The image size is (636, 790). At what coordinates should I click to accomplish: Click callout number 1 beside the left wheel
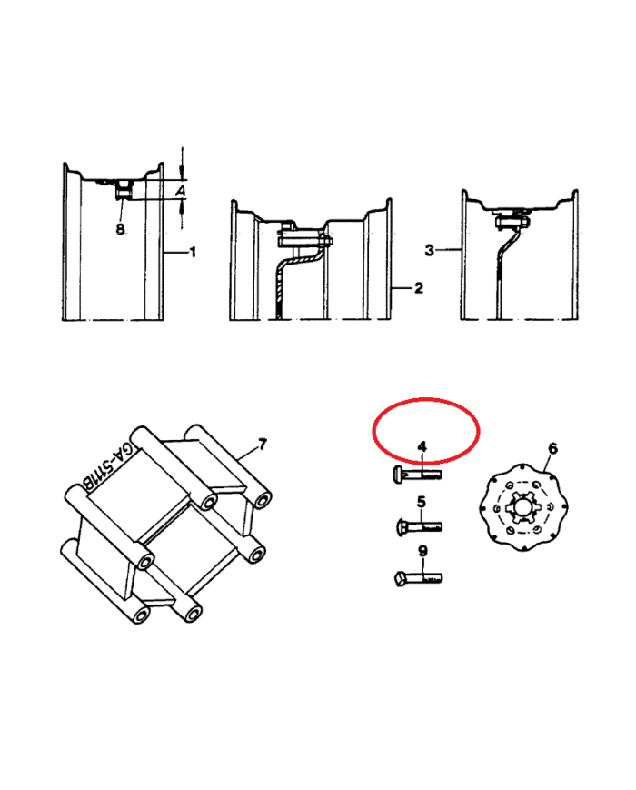click(x=192, y=252)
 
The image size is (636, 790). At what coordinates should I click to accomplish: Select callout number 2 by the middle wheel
click(x=419, y=288)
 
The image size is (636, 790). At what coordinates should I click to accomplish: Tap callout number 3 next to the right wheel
click(x=429, y=250)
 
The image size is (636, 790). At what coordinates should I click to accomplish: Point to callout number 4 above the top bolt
click(x=422, y=446)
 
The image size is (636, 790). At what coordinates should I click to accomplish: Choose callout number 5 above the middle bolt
click(x=422, y=502)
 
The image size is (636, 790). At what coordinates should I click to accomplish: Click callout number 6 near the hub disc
click(x=553, y=448)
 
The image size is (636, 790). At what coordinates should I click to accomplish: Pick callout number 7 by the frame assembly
click(x=263, y=445)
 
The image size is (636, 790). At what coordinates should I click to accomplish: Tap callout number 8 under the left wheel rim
click(x=120, y=229)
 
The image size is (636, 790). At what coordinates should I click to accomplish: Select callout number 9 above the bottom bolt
click(x=423, y=551)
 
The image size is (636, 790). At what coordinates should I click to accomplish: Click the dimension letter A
click(x=180, y=190)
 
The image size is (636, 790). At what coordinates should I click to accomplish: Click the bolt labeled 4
click(x=417, y=475)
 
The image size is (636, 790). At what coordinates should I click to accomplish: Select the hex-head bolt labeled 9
click(x=418, y=578)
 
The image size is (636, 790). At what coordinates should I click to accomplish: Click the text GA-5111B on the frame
click(x=106, y=466)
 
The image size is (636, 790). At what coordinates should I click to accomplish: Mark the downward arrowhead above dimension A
click(x=183, y=174)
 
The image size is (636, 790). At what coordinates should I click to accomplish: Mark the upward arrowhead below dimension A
click(x=183, y=205)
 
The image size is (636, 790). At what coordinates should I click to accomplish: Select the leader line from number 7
click(x=247, y=454)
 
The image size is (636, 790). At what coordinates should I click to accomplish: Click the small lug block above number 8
click(x=124, y=191)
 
